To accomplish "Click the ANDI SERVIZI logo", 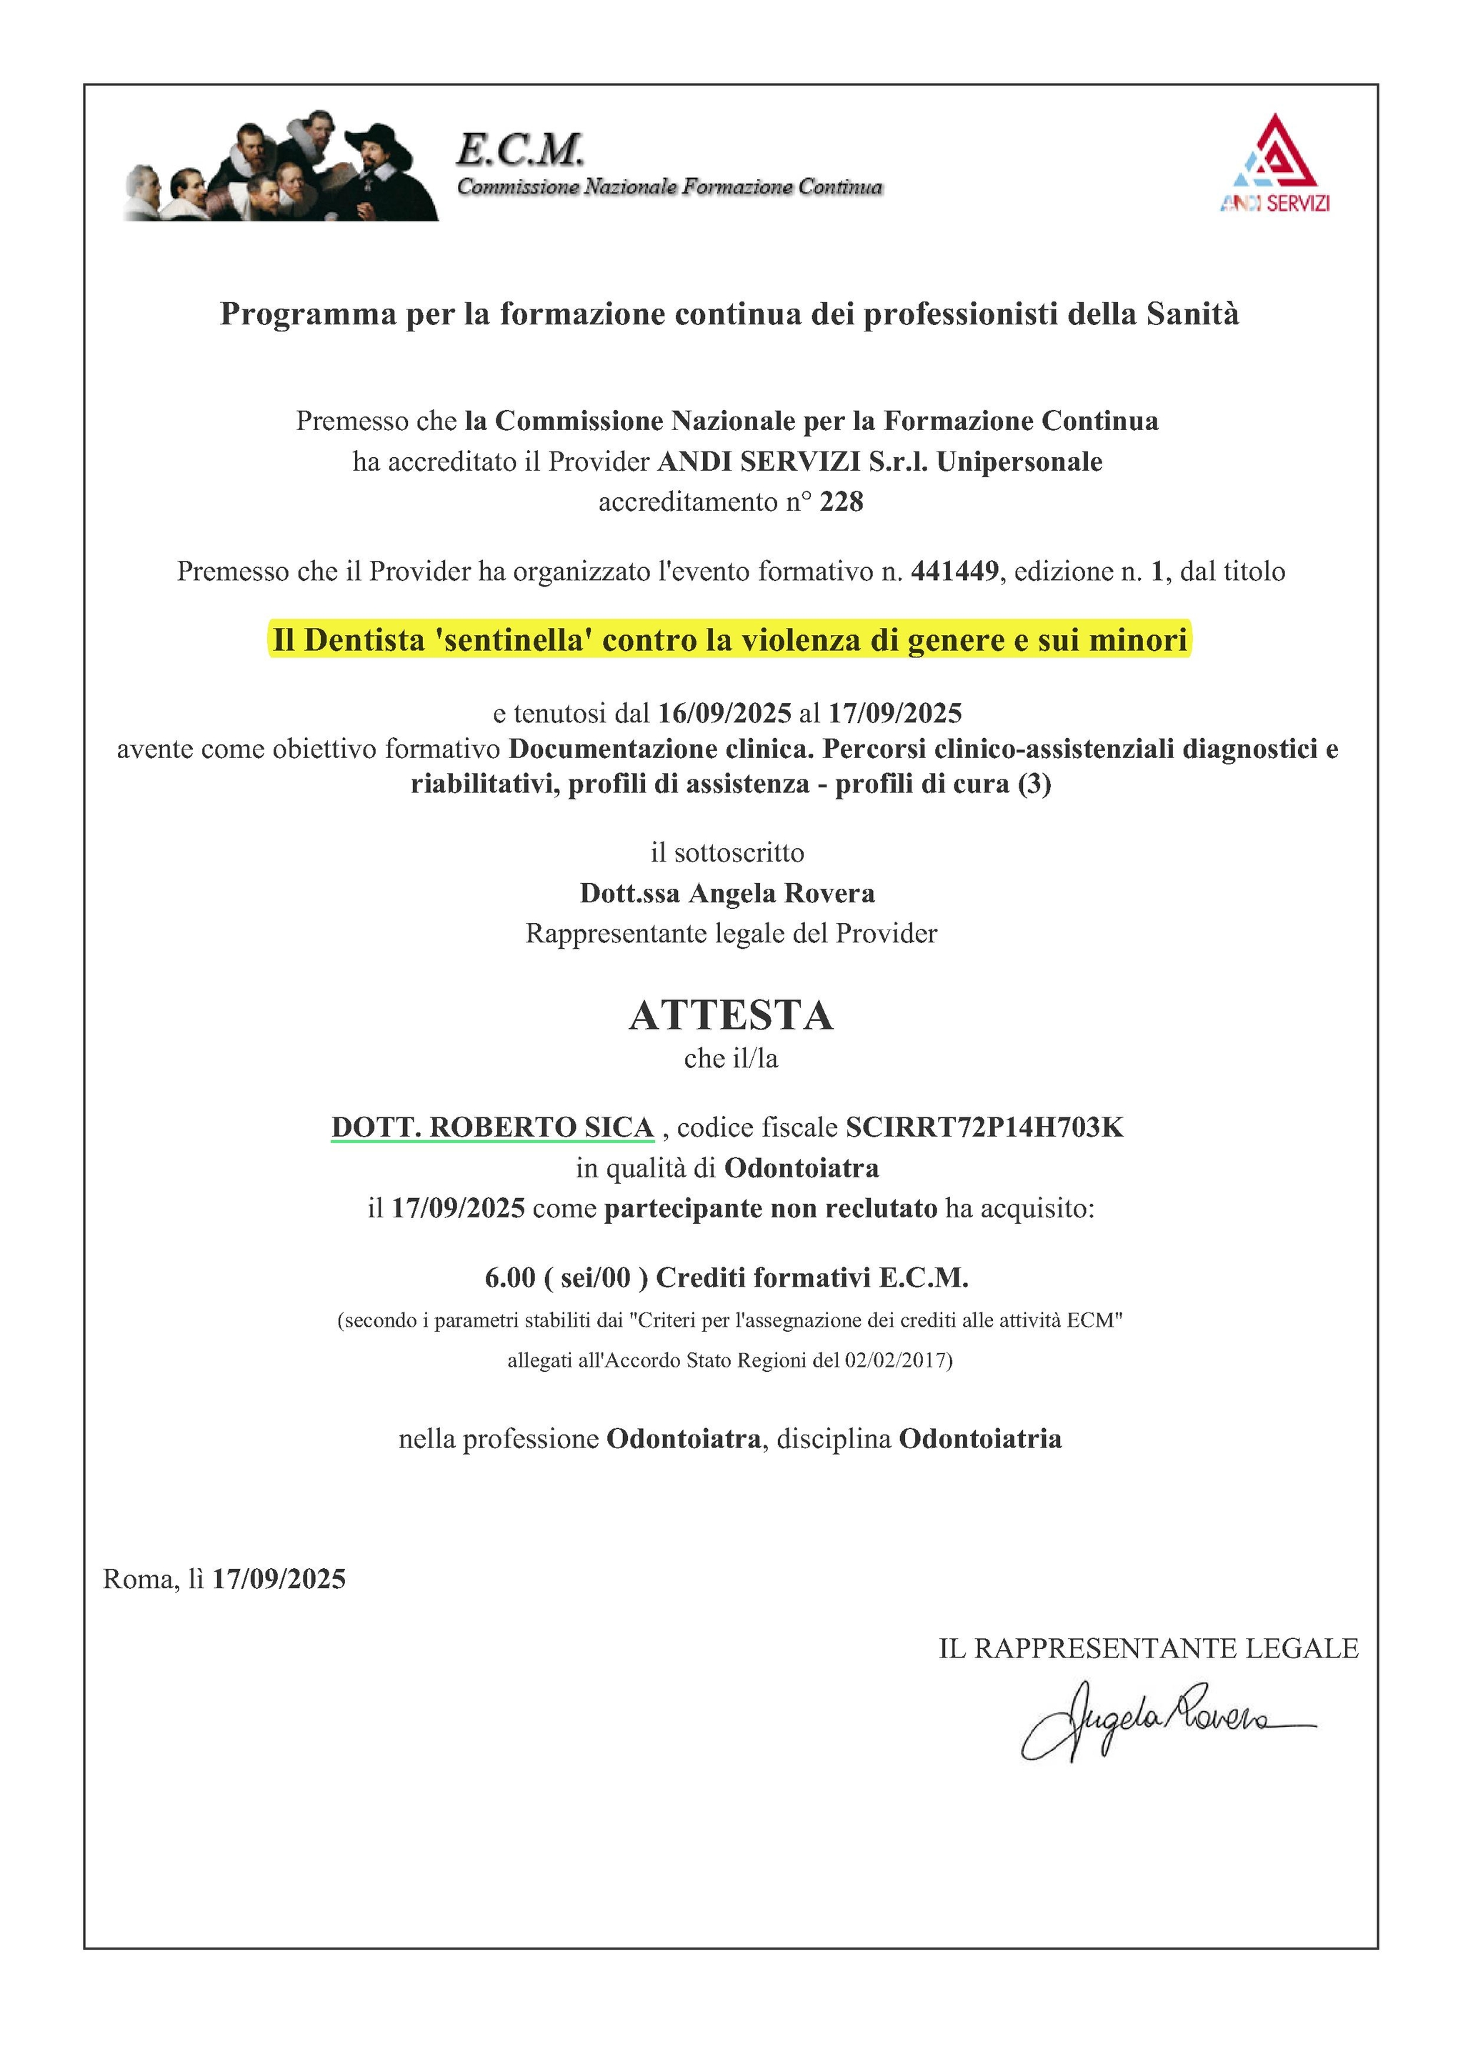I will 1274,164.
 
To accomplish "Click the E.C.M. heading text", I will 520,149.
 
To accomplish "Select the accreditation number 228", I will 842,502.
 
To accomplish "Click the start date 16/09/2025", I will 724,713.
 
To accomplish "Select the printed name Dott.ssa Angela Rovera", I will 727,893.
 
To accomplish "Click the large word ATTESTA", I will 731,1016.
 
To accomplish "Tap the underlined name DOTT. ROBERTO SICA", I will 492,1127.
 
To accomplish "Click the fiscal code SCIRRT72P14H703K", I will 984,1127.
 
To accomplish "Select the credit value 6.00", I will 510,1277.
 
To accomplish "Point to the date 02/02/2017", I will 894,1360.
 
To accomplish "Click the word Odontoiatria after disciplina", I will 980,1439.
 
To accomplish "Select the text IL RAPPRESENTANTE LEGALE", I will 1149,1648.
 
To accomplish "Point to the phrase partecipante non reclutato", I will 770,1208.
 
